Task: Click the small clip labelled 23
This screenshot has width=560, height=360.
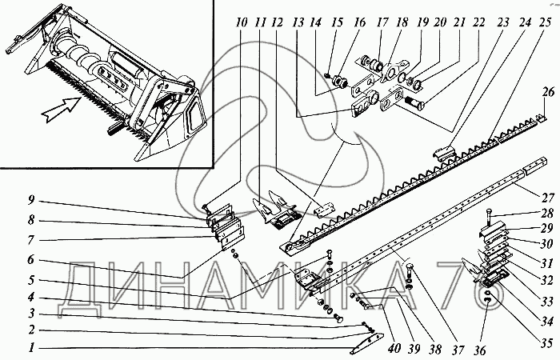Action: pos(444,150)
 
